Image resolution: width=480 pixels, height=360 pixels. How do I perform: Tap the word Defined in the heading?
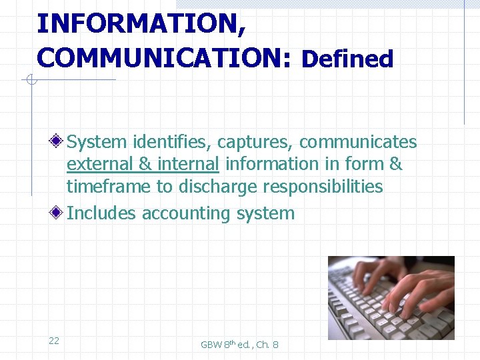(x=347, y=59)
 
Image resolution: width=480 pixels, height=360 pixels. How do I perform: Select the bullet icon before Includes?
(x=59, y=213)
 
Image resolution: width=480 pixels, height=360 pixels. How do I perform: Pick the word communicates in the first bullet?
(x=358, y=142)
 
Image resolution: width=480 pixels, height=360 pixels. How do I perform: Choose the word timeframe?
(x=109, y=187)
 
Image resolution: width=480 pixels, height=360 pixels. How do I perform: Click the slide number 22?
(x=54, y=341)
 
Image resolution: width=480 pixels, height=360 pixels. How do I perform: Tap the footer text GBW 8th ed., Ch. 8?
(x=239, y=344)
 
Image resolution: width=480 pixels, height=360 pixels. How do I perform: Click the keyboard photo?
(x=391, y=297)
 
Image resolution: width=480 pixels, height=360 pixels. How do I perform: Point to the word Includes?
(x=102, y=213)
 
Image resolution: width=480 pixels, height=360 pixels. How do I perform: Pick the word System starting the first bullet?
(x=97, y=142)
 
